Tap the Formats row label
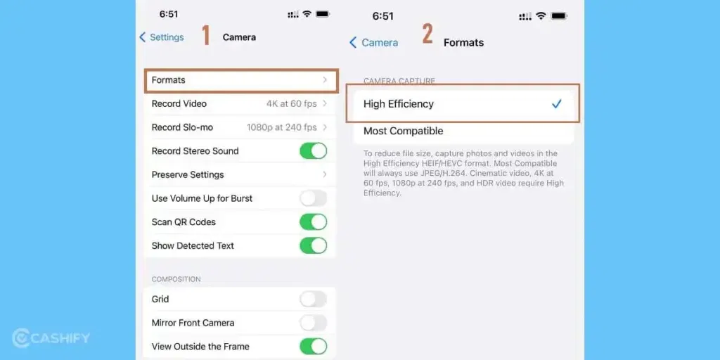click(x=169, y=80)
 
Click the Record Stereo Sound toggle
click(x=313, y=151)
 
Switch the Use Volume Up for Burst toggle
click(x=313, y=198)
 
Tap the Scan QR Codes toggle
click(x=313, y=222)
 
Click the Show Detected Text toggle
click(x=313, y=246)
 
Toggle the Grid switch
click(x=313, y=300)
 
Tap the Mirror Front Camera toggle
click(x=313, y=323)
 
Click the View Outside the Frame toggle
click(x=313, y=347)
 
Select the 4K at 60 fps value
click(x=291, y=104)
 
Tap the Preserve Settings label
click(x=188, y=174)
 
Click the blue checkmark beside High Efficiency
click(x=556, y=104)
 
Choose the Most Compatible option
click(x=404, y=131)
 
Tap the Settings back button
click(x=162, y=37)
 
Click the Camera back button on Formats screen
click(x=374, y=43)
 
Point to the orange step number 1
click(x=206, y=36)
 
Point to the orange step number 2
click(x=427, y=34)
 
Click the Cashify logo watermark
click(x=51, y=338)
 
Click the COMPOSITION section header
click(x=176, y=279)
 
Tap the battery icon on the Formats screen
click(x=559, y=15)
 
